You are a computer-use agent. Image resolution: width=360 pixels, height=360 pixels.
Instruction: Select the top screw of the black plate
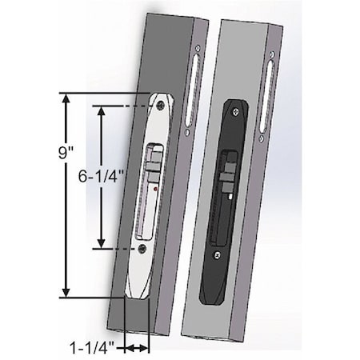tap(238, 111)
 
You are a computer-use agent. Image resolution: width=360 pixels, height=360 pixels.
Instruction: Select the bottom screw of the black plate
tap(215, 256)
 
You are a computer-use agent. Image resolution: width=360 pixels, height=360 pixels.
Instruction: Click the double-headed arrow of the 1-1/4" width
tap(137, 347)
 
